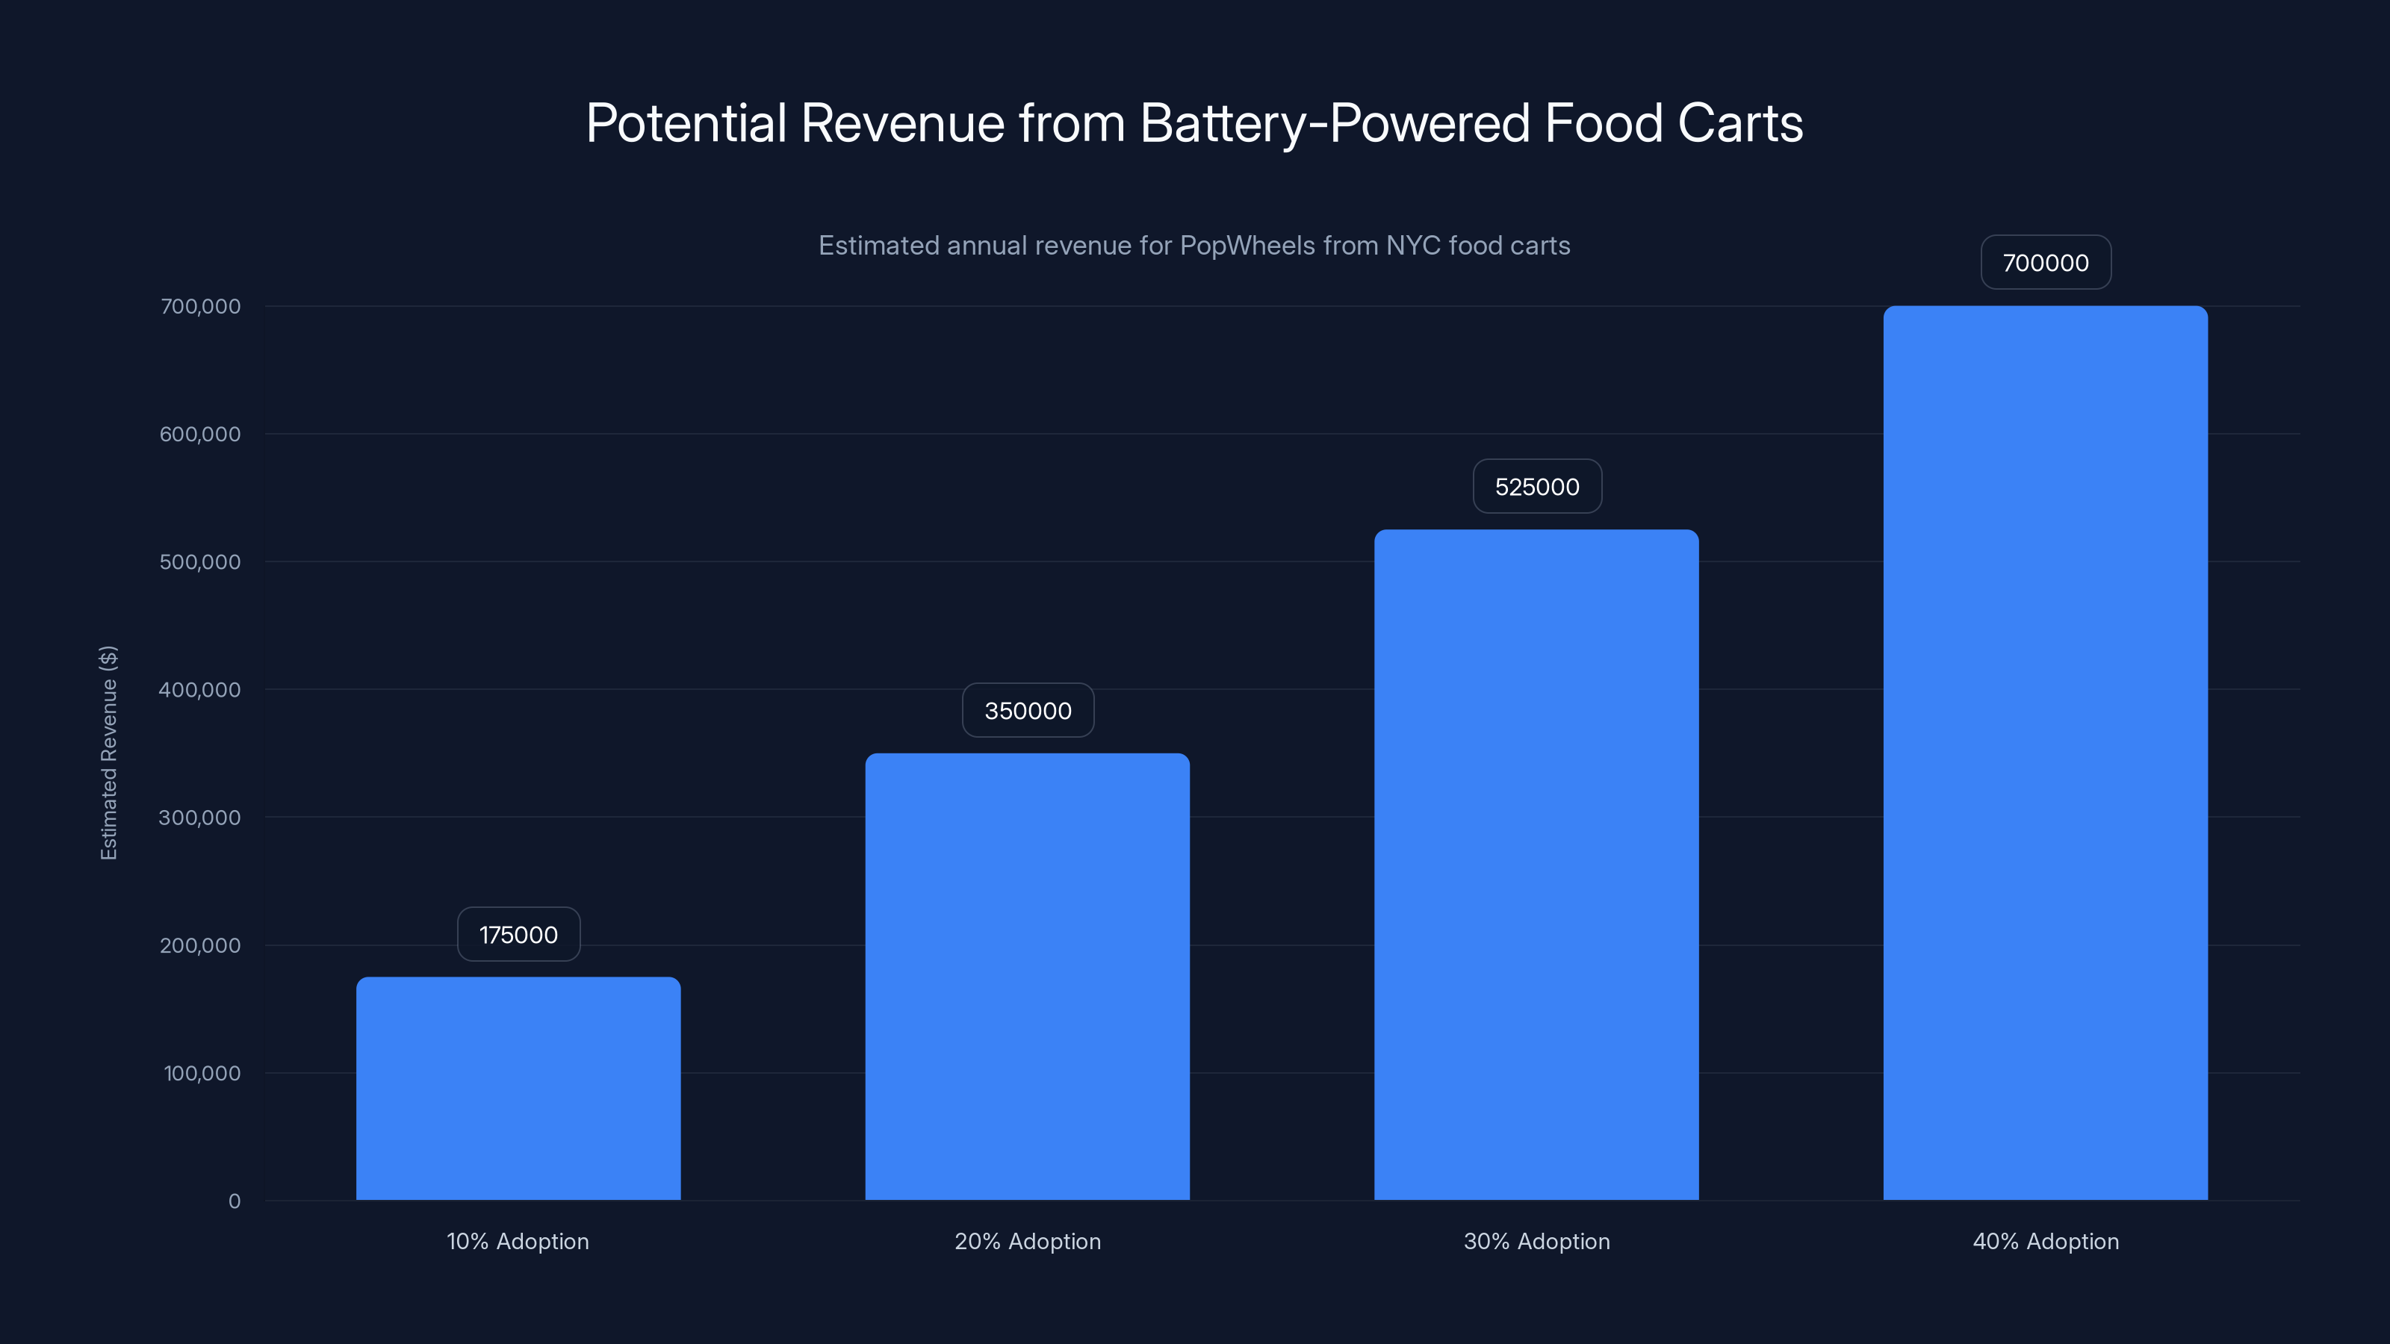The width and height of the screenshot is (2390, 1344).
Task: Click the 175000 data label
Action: [518, 934]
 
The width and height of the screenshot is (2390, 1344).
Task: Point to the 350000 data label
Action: [1027, 711]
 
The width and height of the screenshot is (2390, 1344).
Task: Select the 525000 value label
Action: [1536, 486]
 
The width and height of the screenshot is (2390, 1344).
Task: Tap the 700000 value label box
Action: [2045, 263]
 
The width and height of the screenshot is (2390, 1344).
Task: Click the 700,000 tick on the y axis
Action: [199, 306]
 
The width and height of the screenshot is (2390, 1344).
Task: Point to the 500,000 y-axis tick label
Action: [199, 562]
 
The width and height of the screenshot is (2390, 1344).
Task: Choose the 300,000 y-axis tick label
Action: [199, 817]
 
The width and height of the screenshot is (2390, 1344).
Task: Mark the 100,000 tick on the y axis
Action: [202, 1073]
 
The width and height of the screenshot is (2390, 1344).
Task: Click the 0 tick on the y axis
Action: [234, 1201]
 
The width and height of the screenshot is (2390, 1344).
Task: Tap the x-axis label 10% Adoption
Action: [518, 1241]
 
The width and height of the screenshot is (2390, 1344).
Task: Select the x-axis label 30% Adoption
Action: [1536, 1241]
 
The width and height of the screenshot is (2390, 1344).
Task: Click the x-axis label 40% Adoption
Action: [2045, 1241]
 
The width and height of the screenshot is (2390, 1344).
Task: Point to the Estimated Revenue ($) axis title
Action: [108, 752]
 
